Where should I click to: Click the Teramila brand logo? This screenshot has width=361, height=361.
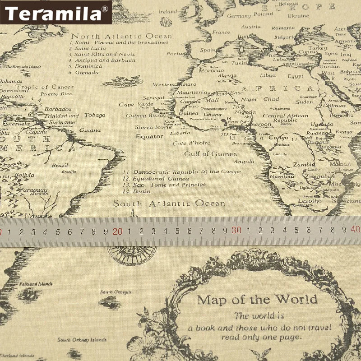(56, 12)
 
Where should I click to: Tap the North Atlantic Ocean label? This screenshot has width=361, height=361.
(122, 36)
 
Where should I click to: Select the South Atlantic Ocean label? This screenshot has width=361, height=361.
(169, 204)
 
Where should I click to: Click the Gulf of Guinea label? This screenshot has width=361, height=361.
(210, 154)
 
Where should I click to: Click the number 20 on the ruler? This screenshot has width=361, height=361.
(117, 231)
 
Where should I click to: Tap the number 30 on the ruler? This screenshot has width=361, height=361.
(236, 230)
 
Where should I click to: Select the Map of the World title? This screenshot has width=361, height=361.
(257, 299)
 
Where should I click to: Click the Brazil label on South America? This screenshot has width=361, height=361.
(60, 165)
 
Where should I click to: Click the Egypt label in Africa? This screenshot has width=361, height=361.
(296, 76)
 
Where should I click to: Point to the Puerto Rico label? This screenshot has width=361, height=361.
(56, 94)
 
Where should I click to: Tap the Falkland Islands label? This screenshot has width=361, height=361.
(36, 284)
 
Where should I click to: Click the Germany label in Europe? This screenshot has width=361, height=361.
(239, 16)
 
